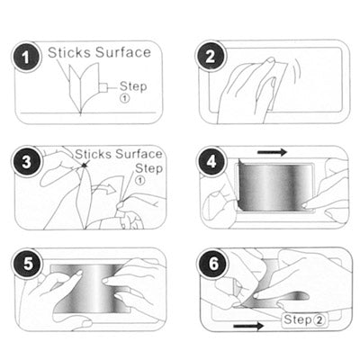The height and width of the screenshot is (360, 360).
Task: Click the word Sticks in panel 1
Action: click(68, 52)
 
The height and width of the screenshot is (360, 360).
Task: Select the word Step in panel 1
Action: click(131, 86)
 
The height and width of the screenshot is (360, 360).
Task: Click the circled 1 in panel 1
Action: click(126, 99)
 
